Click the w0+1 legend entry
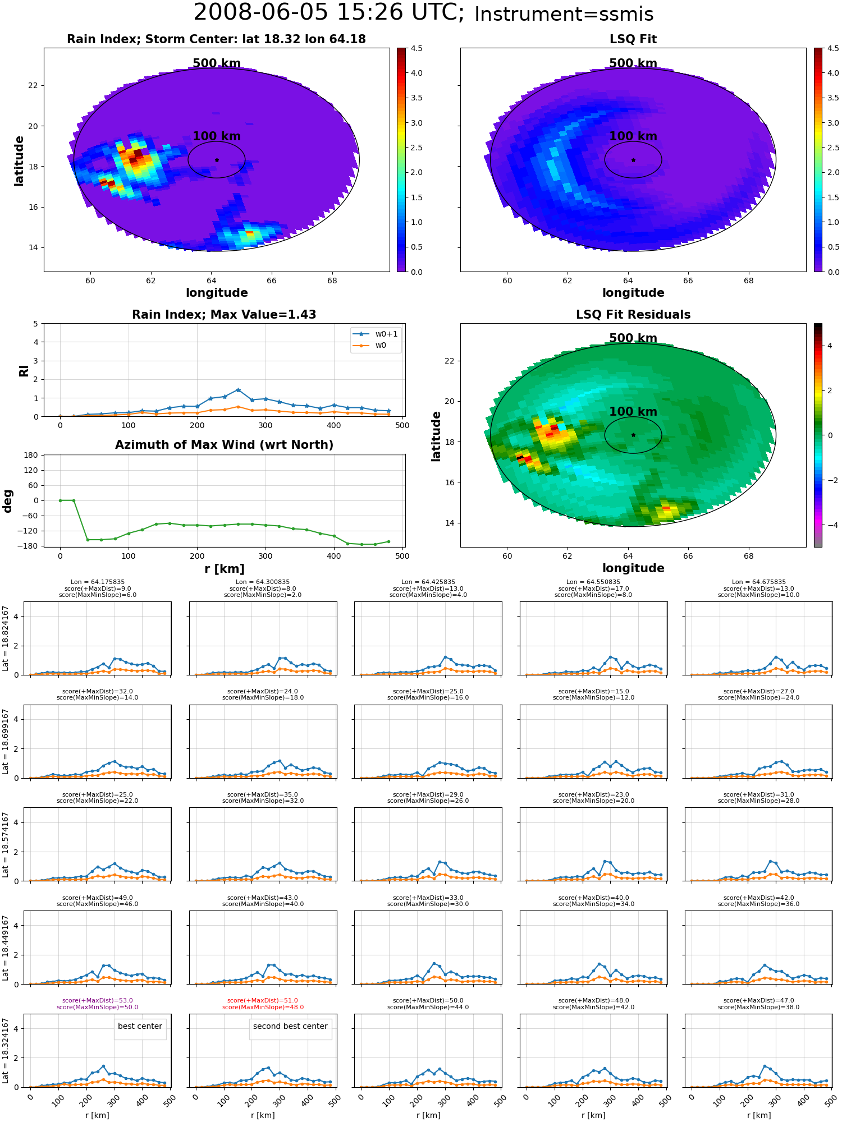(376, 334)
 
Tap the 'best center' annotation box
(140, 1026)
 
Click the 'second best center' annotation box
(290, 1026)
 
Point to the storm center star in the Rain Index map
(217, 160)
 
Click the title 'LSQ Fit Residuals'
(633, 315)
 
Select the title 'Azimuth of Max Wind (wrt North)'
(225, 445)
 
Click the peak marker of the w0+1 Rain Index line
(238, 390)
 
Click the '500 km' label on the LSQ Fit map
(633, 63)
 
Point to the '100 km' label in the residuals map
(633, 412)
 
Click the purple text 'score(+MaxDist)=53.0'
(98, 1000)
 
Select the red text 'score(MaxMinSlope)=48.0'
(263, 1007)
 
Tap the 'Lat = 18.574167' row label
(6, 844)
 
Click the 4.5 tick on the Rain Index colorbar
(417, 48)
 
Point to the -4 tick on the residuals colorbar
(830, 525)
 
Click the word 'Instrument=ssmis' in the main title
(564, 14)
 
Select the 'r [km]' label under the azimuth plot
(225, 569)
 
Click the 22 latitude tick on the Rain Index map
(33, 85)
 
